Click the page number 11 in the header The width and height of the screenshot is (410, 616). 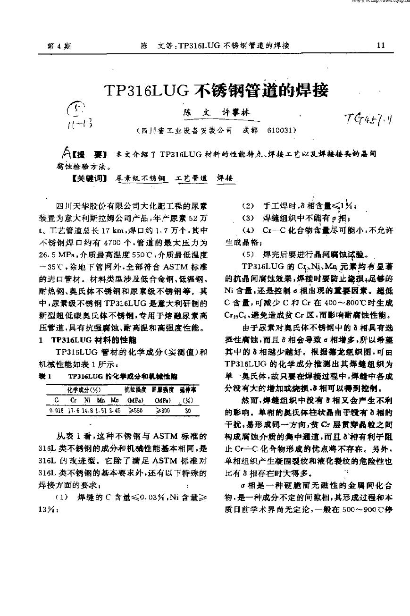[381, 45]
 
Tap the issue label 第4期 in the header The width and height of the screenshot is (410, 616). [59, 46]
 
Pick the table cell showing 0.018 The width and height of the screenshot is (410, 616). [57, 411]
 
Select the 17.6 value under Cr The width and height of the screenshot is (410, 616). [74, 411]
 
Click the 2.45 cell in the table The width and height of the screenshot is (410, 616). [114, 411]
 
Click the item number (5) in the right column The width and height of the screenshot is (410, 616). [248, 253]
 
